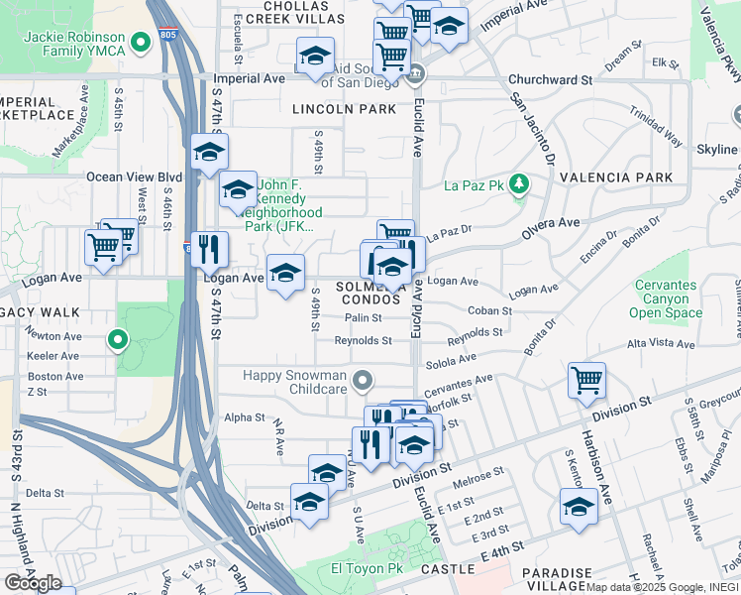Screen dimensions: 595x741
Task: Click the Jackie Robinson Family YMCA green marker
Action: (x=141, y=42)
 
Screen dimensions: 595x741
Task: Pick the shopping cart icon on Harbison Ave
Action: (x=586, y=379)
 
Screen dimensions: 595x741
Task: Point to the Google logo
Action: (x=33, y=582)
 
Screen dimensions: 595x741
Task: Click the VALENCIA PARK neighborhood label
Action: (x=615, y=178)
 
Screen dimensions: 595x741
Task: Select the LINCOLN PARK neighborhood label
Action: (x=344, y=108)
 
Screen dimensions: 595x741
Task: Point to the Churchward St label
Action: (x=549, y=79)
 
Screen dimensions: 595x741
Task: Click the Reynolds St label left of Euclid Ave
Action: (x=363, y=340)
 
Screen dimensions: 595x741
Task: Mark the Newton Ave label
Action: (x=54, y=336)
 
